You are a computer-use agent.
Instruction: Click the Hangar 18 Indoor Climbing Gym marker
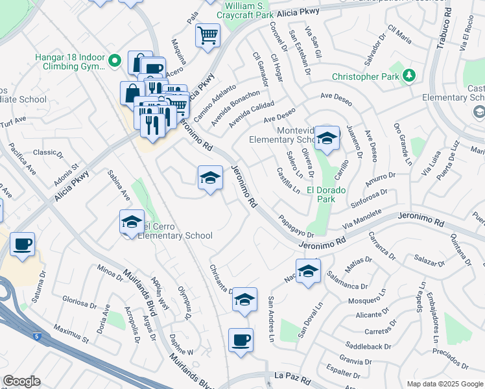(x=115, y=62)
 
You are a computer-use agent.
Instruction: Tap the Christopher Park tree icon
(x=408, y=77)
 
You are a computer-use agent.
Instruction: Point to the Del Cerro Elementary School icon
(x=132, y=222)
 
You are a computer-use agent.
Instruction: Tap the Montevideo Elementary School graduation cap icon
(x=327, y=138)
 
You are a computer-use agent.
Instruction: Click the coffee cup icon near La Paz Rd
(x=241, y=340)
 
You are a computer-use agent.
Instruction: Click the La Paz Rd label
(x=294, y=376)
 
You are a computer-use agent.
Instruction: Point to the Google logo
(x=21, y=381)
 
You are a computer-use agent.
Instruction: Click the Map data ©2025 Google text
(x=444, y=384)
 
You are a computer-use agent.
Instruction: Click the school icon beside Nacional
(x=308, y=272)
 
